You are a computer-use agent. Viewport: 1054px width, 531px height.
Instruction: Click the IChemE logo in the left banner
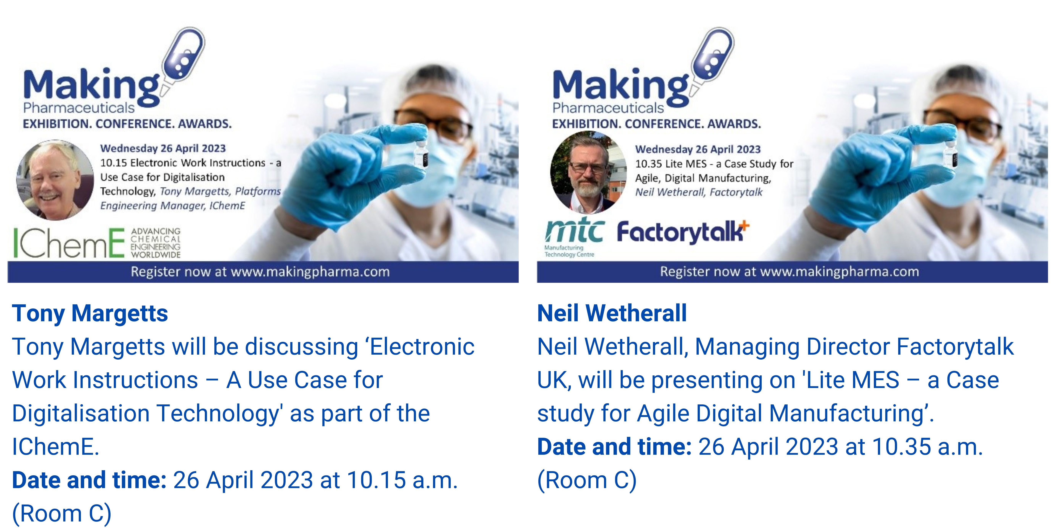(x=97, y=243)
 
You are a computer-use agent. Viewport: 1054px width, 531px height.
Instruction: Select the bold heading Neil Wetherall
(x=612, y=313)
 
